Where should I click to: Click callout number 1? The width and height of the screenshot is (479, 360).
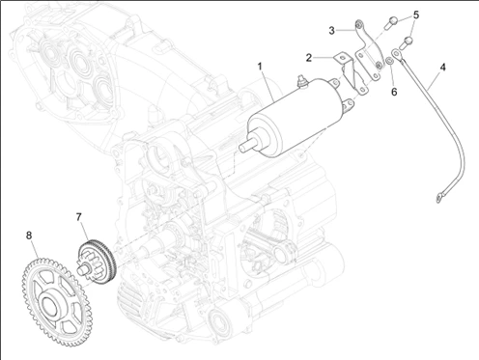pos(260,67)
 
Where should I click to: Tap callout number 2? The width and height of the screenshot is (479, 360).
pos(309,58)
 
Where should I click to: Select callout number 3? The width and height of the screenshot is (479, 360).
pos(332,31)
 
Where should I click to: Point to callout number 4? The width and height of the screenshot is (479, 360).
pos(443,68)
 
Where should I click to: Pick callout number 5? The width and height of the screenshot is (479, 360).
pos(416,14)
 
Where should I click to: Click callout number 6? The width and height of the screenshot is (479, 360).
pos(394,92)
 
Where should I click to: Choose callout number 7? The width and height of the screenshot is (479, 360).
pos(79,217)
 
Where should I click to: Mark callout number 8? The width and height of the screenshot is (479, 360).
pos(29,235)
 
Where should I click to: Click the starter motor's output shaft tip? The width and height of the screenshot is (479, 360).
pos(242,147)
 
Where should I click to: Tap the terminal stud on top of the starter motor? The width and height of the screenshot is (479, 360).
pos(301,80)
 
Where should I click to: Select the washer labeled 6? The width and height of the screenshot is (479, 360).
pos(389,61)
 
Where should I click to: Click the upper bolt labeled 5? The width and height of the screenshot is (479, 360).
pos(391,21)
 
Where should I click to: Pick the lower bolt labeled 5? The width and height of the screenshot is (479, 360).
pos(407,42)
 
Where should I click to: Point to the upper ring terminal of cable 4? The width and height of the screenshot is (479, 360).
pos(396,54)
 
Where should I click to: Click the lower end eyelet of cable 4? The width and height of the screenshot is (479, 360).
pos(439,196)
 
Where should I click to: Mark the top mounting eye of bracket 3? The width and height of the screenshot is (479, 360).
pos(358,24)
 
